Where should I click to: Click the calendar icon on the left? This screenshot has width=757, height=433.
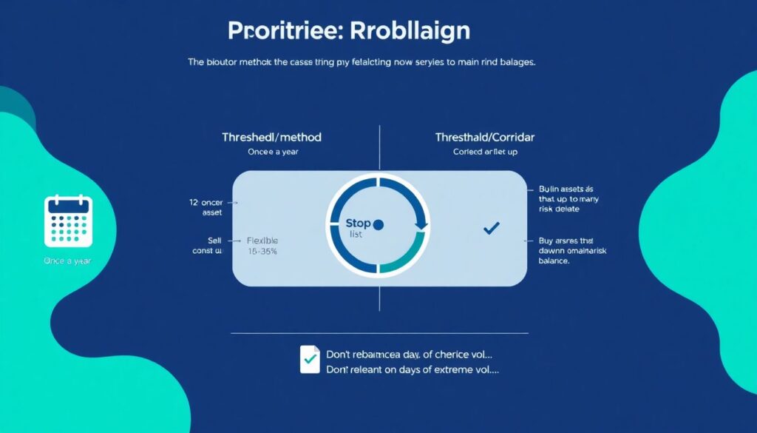click(x=68, y=221)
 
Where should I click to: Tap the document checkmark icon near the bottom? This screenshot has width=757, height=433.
click(x=310, y=358)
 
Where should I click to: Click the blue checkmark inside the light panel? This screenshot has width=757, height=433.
click(x=490, y=229)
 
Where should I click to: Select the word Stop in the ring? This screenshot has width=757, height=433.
click(x=358, y=222)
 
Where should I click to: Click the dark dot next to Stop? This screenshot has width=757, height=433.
click(x=379, y=224)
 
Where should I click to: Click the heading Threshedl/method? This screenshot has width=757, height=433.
click(x=272, y=137)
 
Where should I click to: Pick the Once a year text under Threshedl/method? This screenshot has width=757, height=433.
click(x=272, y=152)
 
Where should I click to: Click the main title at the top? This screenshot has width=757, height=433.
click(x=349, y=31)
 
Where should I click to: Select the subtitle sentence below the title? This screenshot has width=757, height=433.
click(x=361, y=63)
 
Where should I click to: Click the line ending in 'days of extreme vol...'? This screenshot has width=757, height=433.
click(x=413, y=369)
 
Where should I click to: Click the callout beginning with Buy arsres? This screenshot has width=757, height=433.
click(x=567, y=251)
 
